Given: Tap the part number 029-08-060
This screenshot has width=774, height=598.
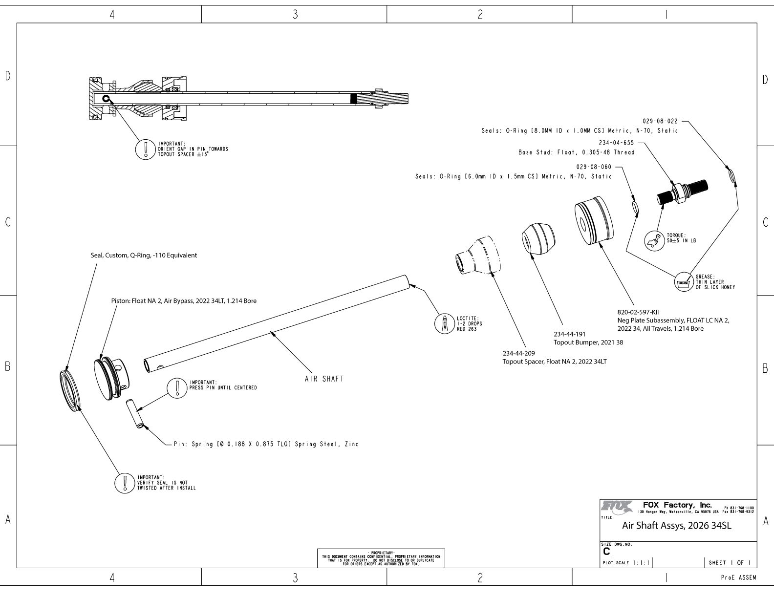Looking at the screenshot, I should (594, 167).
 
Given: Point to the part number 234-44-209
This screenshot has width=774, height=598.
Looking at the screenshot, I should (519, 353).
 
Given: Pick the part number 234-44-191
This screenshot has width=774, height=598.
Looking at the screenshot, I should (569, 334).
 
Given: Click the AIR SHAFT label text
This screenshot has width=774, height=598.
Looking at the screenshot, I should (324, 379).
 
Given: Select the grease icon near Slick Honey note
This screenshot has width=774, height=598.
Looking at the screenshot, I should (683, 282).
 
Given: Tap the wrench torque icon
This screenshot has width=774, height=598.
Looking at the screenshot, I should (654, 240).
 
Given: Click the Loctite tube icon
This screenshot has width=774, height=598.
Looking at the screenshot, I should (444, 323).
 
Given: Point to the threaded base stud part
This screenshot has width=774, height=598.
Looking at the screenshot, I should (683, 192).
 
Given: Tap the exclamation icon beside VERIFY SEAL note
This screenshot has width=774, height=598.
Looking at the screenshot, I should (125, 482).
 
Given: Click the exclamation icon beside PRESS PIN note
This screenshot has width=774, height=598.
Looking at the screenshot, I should (176, 387).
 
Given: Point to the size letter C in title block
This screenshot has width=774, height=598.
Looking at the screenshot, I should (606, 551).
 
